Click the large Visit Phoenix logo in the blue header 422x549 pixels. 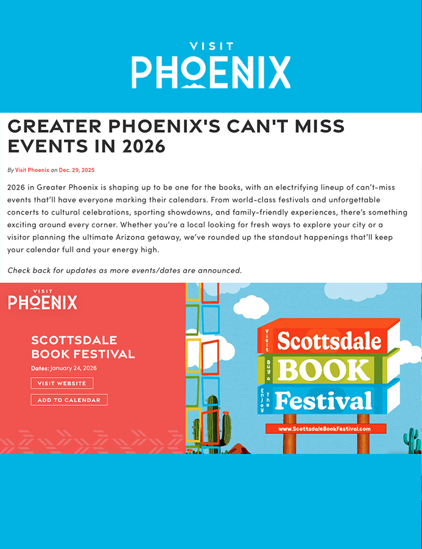tap(211, 66)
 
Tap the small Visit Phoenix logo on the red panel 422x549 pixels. tap(43, 299)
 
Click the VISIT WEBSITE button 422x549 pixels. tap(62, 383)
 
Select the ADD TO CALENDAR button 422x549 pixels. tap(69, 400)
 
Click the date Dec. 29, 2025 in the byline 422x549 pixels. tap(77, 170)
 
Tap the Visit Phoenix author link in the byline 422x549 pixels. tap(32, 170)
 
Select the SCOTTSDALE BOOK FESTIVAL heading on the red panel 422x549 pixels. tap(83, 347)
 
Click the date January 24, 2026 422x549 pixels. tap(73, 368)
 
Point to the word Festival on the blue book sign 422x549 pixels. tap(323, 400)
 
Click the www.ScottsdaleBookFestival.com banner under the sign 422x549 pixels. tap(324, 429)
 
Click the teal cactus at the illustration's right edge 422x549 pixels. tap(412, 440)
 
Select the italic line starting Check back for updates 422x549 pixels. tap(124, 270)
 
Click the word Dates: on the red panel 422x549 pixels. tap(40, 368)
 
